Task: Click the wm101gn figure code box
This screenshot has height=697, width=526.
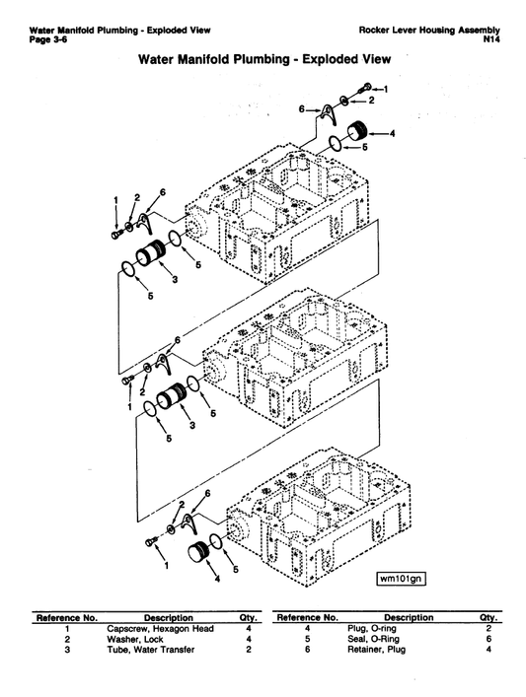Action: [401, 578]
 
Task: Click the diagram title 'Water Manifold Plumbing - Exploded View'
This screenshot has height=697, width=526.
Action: [264, 60]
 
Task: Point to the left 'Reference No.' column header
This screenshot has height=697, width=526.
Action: [66, 617]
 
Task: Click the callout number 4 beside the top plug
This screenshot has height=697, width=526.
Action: [392, 133]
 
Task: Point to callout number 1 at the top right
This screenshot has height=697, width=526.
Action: [386, 89]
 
